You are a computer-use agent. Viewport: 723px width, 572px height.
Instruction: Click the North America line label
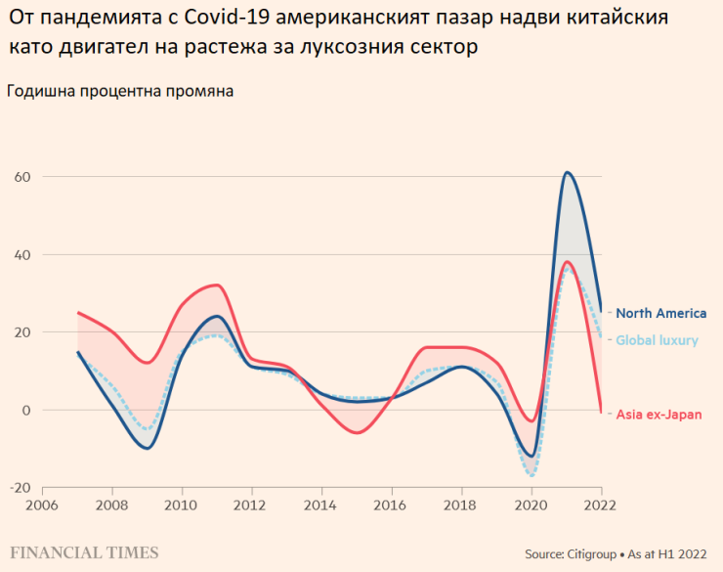tap(660, 314)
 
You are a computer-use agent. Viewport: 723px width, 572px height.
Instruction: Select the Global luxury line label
tap(657, 340)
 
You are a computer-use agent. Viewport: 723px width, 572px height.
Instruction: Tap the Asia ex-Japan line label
tap(659, 415)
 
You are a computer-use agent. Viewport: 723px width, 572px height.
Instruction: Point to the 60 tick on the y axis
tap(22, 177)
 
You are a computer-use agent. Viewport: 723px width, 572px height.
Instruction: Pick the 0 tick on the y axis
tap(26, 411)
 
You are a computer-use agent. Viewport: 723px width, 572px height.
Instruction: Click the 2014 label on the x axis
tap(321, 506)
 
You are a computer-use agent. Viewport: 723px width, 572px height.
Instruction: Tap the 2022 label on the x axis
tap(600, 506)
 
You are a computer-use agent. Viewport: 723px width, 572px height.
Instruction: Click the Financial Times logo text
tap(85, 553)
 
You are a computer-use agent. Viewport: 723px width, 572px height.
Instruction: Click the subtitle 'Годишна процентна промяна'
tap(120, 92)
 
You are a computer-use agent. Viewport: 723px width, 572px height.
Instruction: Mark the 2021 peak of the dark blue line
tap(567, 173)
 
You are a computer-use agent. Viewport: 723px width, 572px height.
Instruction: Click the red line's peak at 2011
tap(217, 286)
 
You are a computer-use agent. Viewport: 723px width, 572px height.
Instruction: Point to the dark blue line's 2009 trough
tap(147, 448)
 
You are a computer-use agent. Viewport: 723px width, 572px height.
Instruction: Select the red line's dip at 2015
tap(357, 432)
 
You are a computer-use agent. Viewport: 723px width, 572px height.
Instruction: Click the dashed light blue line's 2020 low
tap(532, 476)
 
